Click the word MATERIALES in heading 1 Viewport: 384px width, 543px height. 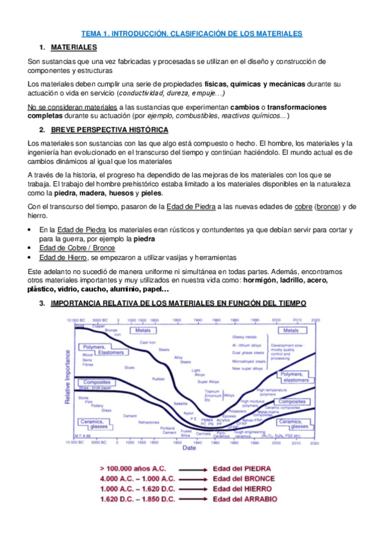click(74, 47)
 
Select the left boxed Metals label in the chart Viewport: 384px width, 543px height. click(141, 331)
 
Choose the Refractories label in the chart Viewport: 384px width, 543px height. click(149, 423)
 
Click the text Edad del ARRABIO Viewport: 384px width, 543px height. click(246, 499)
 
